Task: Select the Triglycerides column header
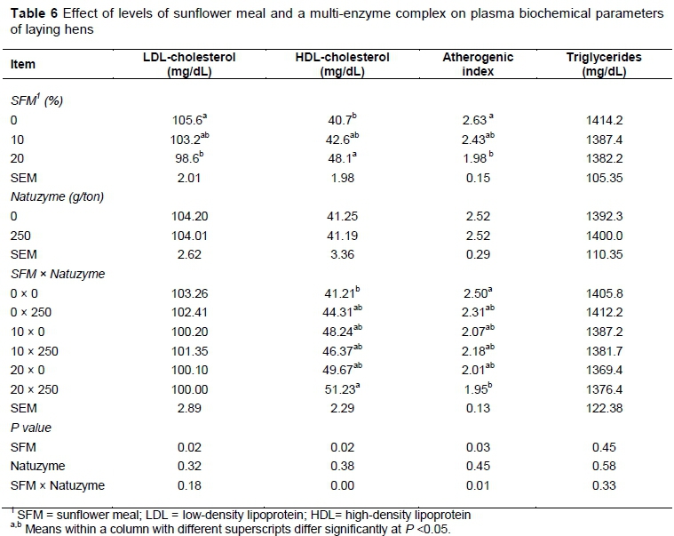pyautogui.click(x=604, y=65)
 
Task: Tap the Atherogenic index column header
pyautogui.click(x=478, y=65)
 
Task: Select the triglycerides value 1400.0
pyautogui.click(x=603, y=236)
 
